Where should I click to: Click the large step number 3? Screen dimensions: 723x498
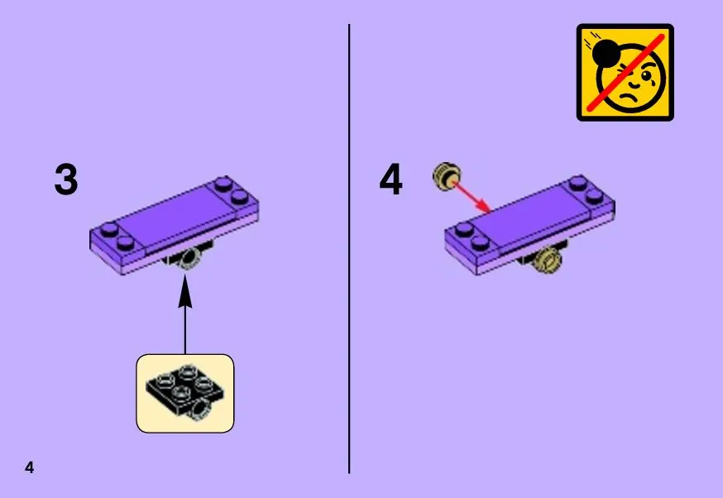click(66, 179)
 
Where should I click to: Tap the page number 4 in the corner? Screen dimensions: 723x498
click(30, 467)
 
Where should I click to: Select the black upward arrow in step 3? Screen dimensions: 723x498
click(185, 314)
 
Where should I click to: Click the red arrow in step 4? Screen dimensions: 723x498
click(472, 198)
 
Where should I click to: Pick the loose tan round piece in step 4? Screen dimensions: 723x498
click(447, 176)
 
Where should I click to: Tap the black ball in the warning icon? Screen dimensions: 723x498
click(606, 53)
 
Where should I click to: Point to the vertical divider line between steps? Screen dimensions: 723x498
click(349, 248)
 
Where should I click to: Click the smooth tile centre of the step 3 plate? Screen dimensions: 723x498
click(178, 216)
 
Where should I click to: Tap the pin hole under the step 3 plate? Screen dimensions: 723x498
click(189, 258)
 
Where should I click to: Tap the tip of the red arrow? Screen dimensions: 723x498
click(491, 213)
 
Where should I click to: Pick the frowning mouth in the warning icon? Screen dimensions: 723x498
click(628, 98)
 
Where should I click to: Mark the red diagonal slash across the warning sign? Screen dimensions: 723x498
click(625, 73)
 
